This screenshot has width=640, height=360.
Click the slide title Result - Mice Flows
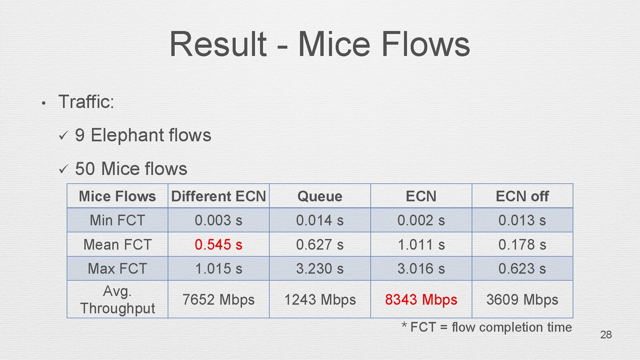click(320, 44)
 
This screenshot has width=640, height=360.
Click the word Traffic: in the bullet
click(86, 102)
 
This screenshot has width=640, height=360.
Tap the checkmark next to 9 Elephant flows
click(63, 136)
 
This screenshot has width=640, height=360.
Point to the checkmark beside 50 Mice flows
click(63, 169)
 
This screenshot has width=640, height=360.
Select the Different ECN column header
click(218, 196)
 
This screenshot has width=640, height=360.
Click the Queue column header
click(320, 196)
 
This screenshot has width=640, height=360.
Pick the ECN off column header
click(522, 196)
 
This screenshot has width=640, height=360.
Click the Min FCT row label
click(117, 220)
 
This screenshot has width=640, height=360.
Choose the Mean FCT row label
click(117, 245)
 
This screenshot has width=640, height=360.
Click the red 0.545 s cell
click(218, 245)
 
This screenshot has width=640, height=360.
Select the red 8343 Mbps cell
click(421, 300)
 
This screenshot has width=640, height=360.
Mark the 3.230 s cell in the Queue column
click(320, 269)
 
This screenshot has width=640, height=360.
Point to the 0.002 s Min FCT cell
click(421, 220)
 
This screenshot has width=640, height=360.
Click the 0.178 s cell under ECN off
click(522, 245)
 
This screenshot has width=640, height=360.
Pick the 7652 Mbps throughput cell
click(218, 300)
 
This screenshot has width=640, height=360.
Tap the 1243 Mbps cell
click(320, 300)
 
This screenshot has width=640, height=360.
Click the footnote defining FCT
click(487, 327)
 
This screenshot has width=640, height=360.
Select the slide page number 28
click(606, 335)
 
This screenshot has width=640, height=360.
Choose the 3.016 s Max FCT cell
click(421, 269)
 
